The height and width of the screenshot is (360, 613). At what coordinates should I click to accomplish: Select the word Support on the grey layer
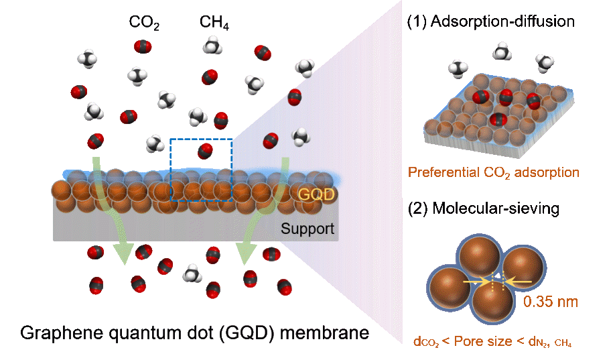click(307, 229)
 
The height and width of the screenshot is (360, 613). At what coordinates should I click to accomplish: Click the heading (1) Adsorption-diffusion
click(491, 21)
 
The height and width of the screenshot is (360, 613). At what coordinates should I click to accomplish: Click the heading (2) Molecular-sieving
click(483, 209)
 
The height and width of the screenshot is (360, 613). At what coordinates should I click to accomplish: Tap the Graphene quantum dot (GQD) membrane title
click(195, 333)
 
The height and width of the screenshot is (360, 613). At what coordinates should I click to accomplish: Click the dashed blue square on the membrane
click(202, 170)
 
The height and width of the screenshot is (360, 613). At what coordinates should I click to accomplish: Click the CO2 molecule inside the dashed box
click(206, 151)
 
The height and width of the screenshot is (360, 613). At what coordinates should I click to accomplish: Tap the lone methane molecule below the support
click(194, 273)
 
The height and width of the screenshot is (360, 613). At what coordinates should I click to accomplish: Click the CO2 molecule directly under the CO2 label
click(142, 46)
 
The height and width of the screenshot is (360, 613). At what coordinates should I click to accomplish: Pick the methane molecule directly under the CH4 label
click(212, 46)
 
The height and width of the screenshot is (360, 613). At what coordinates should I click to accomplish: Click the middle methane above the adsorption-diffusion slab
click(502, 52)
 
